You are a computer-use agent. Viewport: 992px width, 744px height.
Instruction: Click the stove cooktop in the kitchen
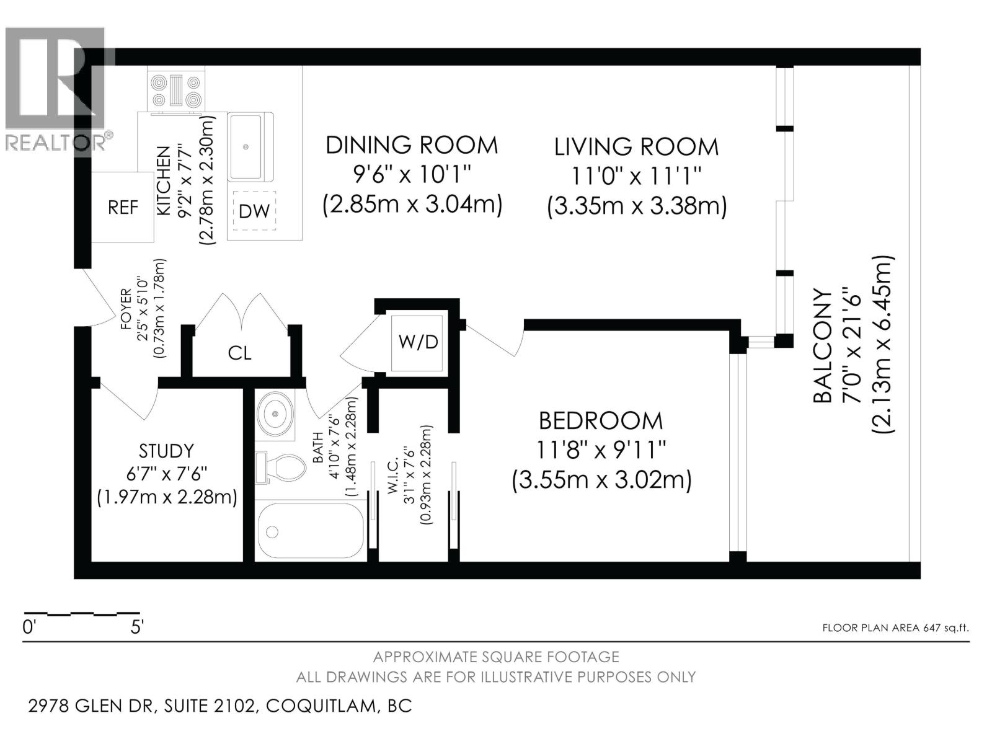(x=177, y=91)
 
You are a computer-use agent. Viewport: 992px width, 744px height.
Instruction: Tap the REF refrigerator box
(x=123, y=207)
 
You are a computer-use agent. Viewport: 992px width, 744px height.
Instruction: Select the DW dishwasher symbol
(x=254, y=211)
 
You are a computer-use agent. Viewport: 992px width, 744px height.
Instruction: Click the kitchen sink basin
(x=246, y=146)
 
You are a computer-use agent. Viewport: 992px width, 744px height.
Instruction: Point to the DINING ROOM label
(x=412, y=145)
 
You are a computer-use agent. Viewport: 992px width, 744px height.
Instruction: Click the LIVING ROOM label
(x=636, y=147)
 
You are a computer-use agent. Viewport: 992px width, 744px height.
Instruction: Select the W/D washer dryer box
(x=418, y=342)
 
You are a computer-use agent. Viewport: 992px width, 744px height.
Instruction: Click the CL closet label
(x=239, y=353)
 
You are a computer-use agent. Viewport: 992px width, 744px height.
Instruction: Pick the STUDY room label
(x=166, y=451)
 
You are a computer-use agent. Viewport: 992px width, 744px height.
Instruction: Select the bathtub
(x=310, y=531)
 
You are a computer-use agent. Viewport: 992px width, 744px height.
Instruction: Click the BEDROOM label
(x=601, y=421)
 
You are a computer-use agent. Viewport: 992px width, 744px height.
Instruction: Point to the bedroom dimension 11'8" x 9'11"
(x=601, y=449)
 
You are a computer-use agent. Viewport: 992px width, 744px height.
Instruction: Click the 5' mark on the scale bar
(x=137, y=627)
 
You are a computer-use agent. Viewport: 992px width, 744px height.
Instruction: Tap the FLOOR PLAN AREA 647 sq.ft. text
(x=895, y=627)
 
